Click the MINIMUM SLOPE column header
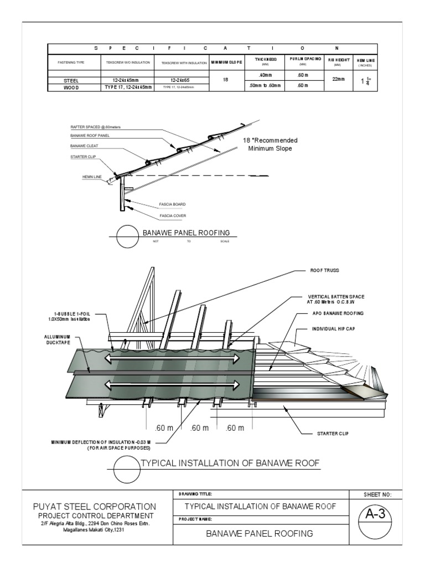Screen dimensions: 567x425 [226, 62]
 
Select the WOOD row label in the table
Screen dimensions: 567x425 [72, 87]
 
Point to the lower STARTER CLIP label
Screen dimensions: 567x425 [331, 433]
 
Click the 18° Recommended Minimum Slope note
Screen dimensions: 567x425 [271, 145]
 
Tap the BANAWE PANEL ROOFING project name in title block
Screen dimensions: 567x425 [260, 534]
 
